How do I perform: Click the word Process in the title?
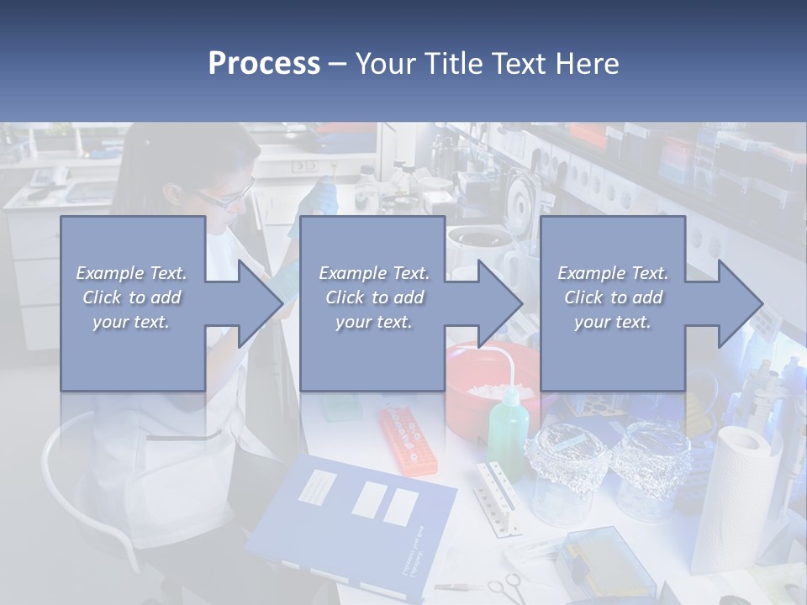coord(264,63)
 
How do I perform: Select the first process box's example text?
coord(132,297)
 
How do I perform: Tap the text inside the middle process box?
coord(373,297)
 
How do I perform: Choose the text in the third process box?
coord(613,297)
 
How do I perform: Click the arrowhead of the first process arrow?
coord(261,303)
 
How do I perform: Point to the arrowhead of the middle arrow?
coord(500,303)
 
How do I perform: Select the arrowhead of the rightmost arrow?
coord(740,303)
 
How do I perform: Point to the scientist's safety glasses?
coord(225,198)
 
